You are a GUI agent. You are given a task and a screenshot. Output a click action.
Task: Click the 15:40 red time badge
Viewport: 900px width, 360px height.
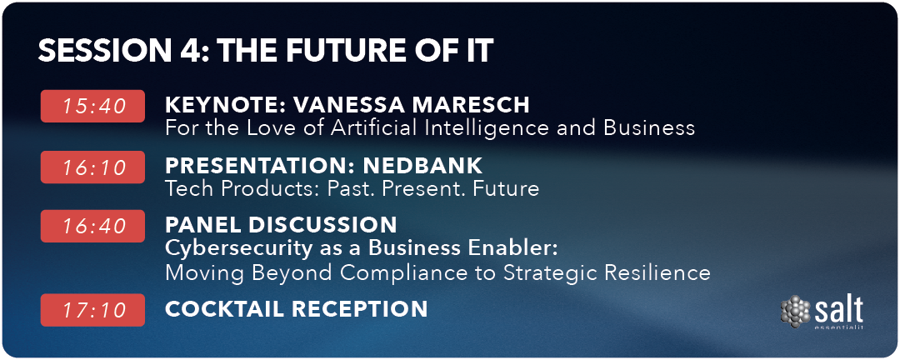coord(92,106)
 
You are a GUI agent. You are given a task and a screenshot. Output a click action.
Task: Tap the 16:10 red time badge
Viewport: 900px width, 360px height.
coord(92,167)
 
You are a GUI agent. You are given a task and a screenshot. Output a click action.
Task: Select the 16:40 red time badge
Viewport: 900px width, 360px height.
coord(92,226)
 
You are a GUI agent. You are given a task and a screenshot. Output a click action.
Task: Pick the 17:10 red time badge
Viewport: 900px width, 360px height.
coord(92,310)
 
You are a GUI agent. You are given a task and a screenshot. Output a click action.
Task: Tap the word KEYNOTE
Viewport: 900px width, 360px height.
coord(224,105)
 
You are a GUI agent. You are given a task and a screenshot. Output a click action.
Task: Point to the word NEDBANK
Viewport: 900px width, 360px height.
coord(423,166)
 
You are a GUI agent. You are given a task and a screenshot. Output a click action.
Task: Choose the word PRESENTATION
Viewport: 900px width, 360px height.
coord(260,166)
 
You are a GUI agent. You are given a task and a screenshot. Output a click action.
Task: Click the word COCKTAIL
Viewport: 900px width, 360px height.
coord(224,309)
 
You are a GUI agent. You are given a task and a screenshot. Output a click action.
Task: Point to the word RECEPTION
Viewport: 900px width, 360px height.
coord(361,309)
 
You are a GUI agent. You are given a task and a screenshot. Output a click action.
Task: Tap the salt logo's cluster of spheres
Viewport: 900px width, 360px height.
coord(796,311)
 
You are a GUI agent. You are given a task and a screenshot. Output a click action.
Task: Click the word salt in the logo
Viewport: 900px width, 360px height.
coord(838,310)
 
